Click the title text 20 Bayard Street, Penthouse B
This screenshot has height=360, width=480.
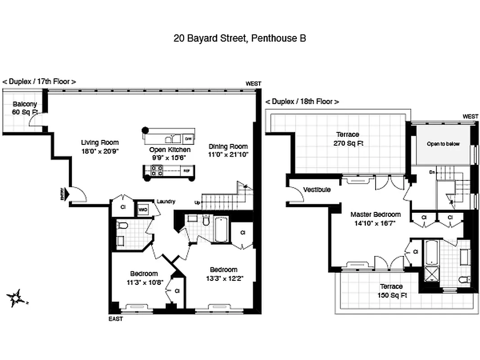(240, 38)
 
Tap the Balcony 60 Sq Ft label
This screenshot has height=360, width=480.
(25, 108)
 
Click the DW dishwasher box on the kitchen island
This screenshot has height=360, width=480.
(188, 138)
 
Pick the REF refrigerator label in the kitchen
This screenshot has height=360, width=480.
(186, 171)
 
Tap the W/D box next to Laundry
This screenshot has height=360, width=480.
(143, 209)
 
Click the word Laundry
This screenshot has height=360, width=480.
(166, 202)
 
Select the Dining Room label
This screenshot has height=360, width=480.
(228, 146)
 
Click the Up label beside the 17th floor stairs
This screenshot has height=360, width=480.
(197, 202)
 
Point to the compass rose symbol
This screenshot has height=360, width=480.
(16, 298)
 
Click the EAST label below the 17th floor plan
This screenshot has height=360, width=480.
(116, 319)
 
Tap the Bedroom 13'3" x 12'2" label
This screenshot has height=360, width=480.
(224, 274)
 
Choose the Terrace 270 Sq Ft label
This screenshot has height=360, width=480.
(348, 139)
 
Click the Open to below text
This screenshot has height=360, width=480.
(443, 144)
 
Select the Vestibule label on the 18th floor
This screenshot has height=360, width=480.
(317, 189)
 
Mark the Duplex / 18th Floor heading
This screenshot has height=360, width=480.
(302, 102)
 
